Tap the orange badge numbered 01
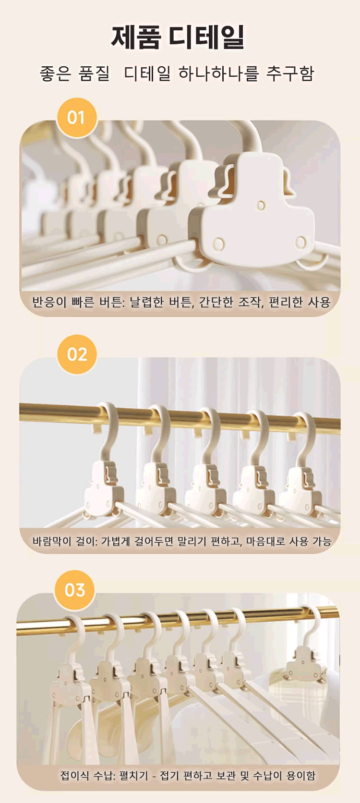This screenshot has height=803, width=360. click(77, 118)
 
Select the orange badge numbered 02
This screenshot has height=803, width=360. click(77, 354)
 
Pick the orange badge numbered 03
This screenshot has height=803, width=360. click(75, 590)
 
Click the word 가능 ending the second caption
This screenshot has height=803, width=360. click(322, 541)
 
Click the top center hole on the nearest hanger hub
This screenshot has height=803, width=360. click(261, 206)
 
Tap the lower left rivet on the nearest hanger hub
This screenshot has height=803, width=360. click(219, 244)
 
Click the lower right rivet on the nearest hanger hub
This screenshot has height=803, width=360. click(301, 243)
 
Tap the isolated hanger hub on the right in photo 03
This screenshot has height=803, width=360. click(304, 663)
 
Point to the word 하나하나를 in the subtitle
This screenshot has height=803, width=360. click(218, 73)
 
